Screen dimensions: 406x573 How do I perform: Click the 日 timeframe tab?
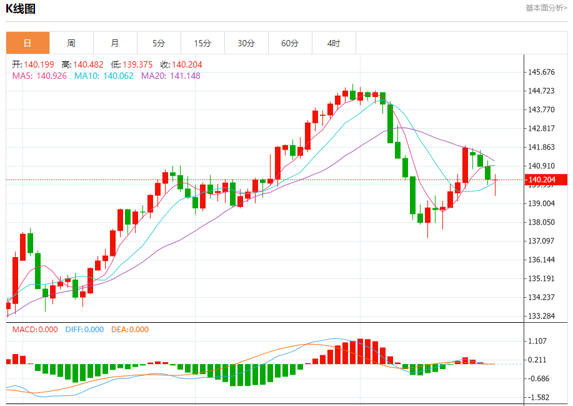(27, 43)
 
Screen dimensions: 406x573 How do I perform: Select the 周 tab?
(71, 43)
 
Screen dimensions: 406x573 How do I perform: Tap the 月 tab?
(115, 43)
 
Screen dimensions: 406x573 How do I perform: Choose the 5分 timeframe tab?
(159, 43)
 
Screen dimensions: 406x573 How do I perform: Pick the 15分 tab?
(202, 43)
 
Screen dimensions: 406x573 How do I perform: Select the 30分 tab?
(246, 43)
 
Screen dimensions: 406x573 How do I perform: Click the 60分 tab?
(290, 43)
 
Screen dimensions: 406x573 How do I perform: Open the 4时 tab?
(334, 43)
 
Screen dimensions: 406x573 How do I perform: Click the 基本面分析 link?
(546, 8)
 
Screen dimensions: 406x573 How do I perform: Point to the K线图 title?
(21, 9)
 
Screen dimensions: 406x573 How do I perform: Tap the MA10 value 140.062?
(118, 76)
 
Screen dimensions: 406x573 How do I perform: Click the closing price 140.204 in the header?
(187, 64)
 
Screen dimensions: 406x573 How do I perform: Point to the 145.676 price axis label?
(541, 72)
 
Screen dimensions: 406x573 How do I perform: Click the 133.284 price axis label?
(541, 316)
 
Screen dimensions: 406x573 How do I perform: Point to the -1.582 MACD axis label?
(539, 397)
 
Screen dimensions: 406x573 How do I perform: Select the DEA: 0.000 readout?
(130, 330)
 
